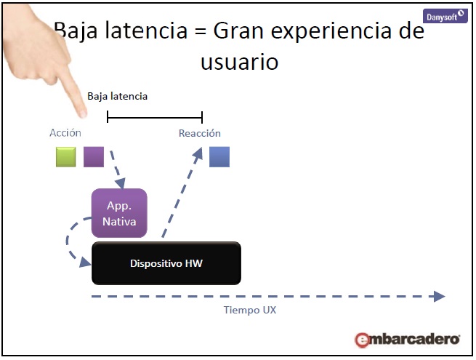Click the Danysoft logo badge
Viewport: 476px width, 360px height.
[445, 15]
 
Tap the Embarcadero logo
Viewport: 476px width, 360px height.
[407, 339]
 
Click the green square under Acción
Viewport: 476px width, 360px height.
[66, 156]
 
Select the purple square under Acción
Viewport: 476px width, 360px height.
[94, 156]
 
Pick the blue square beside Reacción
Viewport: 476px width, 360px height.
[219, 156]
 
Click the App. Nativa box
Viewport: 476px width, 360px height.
[119, 212]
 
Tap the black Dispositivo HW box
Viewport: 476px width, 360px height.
[166, 263]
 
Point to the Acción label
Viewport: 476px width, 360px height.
[65, 133]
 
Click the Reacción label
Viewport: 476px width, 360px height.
[200, 133]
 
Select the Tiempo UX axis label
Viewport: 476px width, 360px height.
[249, 310]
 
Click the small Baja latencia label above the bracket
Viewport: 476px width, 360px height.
[118, 96]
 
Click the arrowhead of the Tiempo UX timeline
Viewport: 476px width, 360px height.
[438, 296]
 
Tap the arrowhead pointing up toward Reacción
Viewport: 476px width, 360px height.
[198, 151]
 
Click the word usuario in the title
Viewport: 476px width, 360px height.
[239, 62]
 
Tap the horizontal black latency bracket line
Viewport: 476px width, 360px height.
[155, 117]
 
